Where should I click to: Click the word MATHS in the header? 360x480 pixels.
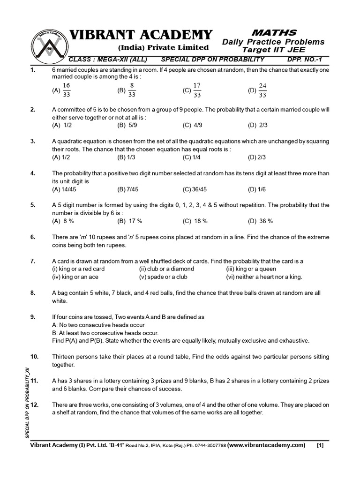[x=274, y=32]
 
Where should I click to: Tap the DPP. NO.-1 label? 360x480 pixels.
[x=306, y=60]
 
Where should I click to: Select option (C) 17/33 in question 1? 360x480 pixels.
[x=193, y=90]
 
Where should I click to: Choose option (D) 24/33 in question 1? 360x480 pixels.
[x=258, y=90]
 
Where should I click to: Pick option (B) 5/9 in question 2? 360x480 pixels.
[x=127, y=125]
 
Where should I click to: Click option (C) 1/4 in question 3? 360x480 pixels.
[x=192, y=157]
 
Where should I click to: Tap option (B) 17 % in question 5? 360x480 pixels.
[x=130, y=221]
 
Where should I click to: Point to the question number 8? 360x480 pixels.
[x=33, y=292]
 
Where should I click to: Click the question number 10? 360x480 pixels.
[x=34, y=356]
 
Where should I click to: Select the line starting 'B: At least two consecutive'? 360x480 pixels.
[x=105, y=332]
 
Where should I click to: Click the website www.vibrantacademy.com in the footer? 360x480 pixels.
[x=266, y=445]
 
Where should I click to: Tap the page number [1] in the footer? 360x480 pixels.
[x=320, y=445]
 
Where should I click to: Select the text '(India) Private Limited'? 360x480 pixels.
[x=163, y=47]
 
